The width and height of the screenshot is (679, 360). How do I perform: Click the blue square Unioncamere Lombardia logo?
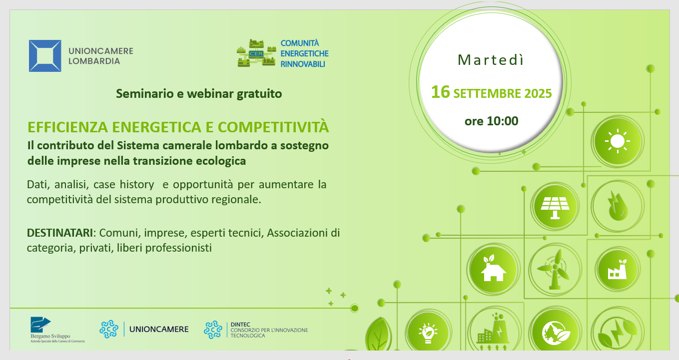[45, 56]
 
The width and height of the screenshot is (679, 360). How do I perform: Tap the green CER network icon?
[256, 53]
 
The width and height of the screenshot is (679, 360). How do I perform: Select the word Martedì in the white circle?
[491, 60]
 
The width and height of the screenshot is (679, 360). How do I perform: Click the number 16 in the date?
[441, 92]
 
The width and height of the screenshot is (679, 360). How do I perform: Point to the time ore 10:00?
[491, 121]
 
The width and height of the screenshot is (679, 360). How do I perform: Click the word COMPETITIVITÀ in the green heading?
[273, 127]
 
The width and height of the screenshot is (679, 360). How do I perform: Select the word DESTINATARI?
[60, 233]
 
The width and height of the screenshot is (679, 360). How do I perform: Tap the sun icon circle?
[618, 141]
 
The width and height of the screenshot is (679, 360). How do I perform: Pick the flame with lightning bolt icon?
[618, 206]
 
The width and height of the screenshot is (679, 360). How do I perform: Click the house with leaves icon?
[493, 269]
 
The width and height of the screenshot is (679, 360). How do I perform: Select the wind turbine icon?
[555, 270]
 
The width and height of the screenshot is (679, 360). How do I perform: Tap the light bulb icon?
[428, 333]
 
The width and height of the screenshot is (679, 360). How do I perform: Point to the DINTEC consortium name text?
[269, 330]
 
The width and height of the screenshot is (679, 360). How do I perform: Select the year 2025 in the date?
[538, 93]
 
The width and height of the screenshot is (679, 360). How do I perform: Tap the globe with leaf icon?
[555, 333]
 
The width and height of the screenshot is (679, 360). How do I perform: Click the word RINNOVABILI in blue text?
[302, 64]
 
